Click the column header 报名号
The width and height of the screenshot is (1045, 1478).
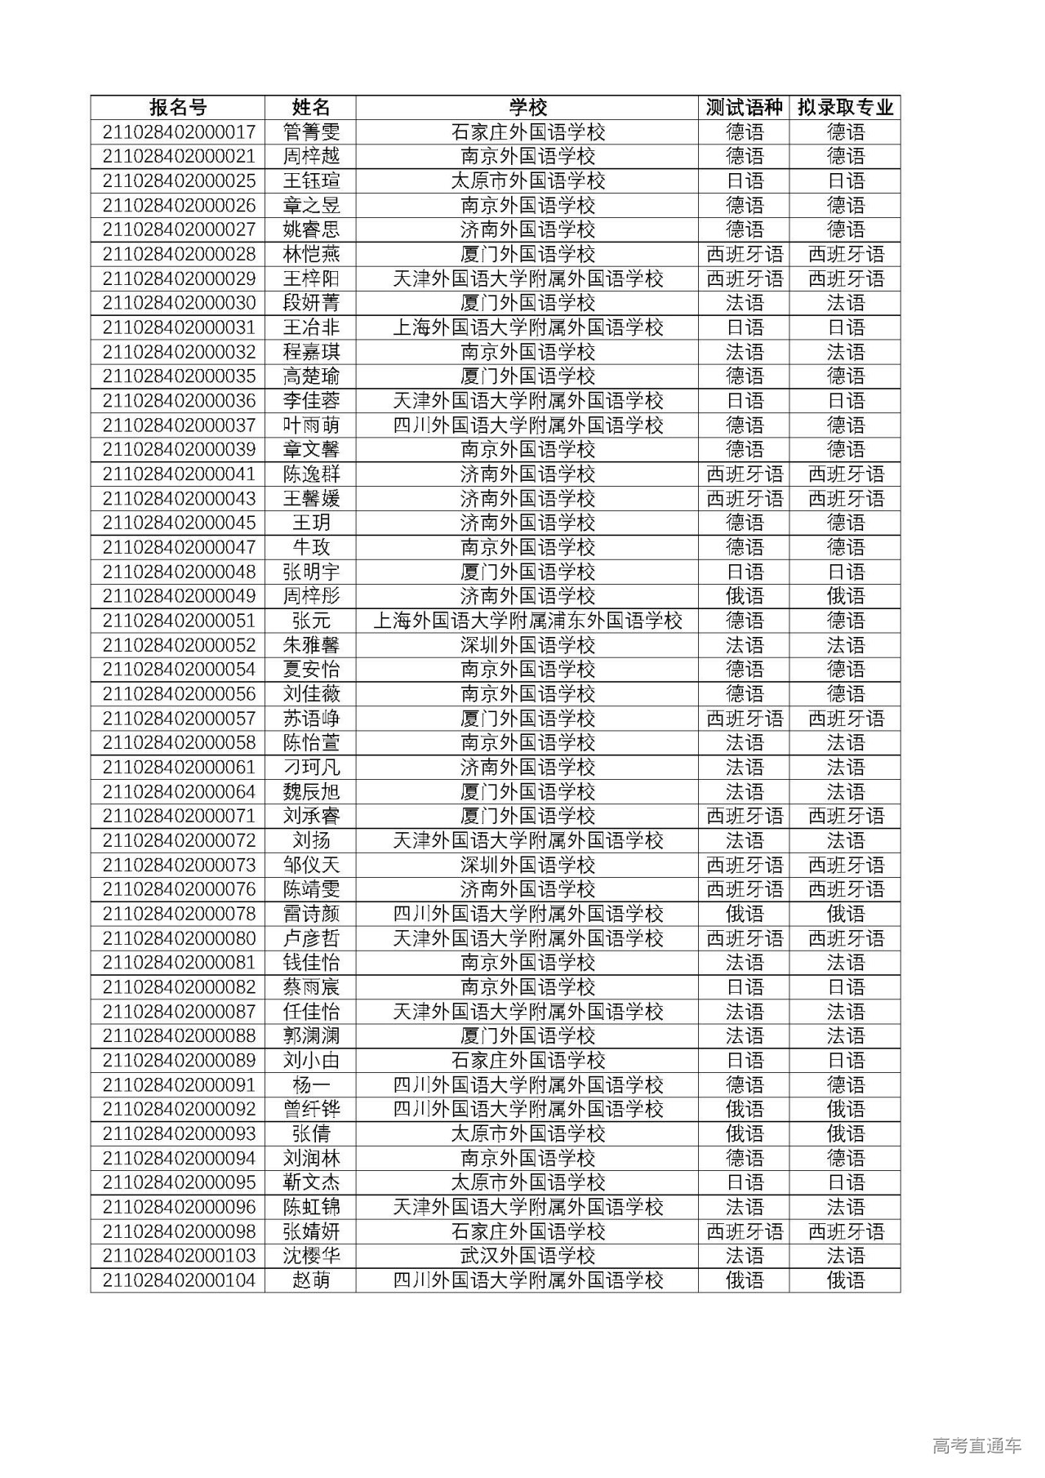coord(178,108)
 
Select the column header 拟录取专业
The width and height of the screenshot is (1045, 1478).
coord(845,108)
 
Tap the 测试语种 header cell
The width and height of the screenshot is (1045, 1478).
coord(744,108)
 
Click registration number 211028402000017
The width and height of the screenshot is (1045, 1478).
coord(178,132)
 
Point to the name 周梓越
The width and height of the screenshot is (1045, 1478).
coord(311,157)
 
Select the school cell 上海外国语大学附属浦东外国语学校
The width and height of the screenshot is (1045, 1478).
coord(527,621)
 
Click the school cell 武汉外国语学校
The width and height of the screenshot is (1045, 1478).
coord(527,1256)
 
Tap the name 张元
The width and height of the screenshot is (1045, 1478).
coord(311,621)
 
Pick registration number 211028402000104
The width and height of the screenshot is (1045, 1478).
coord(178,1280)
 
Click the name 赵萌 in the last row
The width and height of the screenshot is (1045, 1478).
coord(311,1280)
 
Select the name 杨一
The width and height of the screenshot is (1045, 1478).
coord(311,1085)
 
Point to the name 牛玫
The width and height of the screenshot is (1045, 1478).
coord(311,547)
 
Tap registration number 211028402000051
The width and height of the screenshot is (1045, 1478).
coord(178,621)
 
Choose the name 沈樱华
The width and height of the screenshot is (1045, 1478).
coord(311,1256)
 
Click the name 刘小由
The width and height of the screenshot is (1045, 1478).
coord(311,1061)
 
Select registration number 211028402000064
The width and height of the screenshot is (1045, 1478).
coord(178,792)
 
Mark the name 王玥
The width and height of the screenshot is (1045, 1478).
coord(311,523)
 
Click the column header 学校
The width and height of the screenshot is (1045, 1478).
coord(527,108)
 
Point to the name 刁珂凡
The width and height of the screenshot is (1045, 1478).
coord(311,768)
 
